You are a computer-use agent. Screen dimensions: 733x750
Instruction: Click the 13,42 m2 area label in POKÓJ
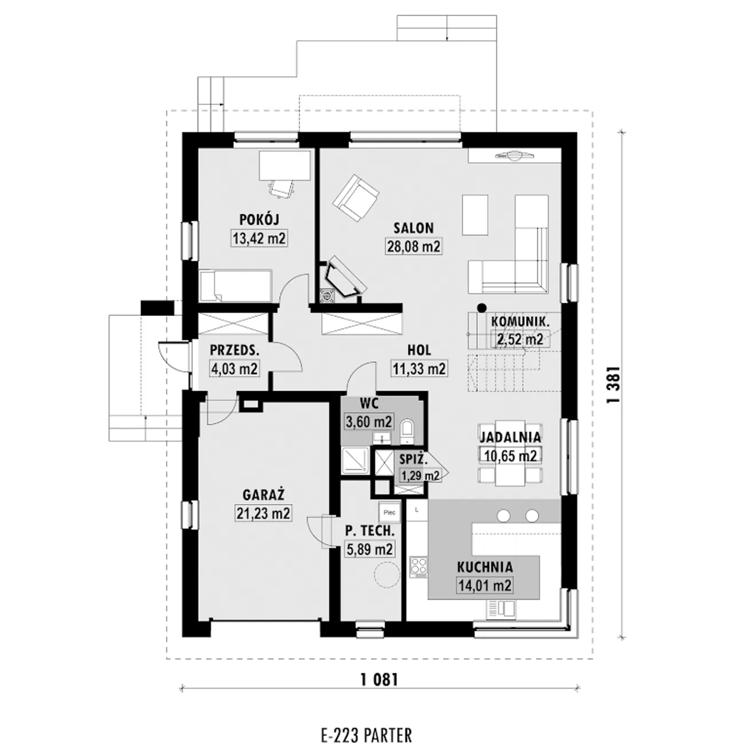259,238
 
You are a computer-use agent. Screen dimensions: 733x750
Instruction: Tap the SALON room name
413,228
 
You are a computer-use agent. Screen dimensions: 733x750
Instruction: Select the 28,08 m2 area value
413,246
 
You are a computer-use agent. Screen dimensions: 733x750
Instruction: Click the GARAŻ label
263,494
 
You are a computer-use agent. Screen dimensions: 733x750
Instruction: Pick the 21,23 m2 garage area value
263,513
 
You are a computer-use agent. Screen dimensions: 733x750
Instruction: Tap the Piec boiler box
389,513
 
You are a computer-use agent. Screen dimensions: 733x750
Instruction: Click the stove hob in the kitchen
419,566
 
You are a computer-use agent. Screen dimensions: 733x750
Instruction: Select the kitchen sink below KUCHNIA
501,610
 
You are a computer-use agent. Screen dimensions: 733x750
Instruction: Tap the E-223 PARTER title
366,724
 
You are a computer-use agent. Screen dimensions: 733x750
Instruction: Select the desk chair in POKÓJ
281,188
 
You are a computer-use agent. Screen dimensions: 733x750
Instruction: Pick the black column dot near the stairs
481,308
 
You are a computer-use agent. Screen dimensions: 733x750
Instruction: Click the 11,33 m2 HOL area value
419,368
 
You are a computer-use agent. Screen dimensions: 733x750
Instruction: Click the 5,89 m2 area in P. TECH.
370,549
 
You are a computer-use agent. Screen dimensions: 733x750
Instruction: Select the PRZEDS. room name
235,350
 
